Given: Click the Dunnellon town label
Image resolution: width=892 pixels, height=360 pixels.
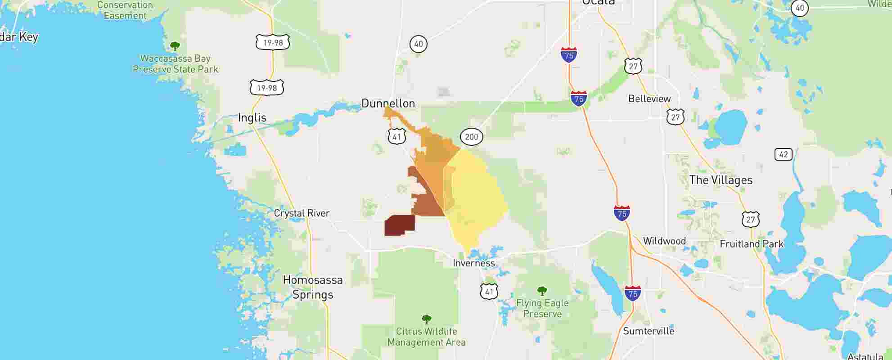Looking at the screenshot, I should (x=388, y=103).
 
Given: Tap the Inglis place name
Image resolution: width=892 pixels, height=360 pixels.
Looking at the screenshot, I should (x=252, y=118).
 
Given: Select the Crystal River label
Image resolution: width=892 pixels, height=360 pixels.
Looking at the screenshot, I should (x=302, y=213).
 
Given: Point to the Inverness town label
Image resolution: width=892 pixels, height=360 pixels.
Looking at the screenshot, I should (x=473, y=263).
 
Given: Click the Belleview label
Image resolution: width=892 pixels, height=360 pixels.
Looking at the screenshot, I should (x=649, y=99).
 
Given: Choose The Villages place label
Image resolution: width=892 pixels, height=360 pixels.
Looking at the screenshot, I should (x=721, y=180).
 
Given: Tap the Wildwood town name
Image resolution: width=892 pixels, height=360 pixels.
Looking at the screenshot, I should (x=664, y=241).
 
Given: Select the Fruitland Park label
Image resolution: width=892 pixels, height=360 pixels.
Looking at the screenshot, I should (x=752, y=244).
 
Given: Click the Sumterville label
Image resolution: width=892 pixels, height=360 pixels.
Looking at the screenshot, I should (x=649, y=331).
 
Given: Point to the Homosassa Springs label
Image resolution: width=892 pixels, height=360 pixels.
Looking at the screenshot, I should (x=313, y=287).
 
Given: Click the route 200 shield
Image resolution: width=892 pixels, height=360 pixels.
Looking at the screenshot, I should (x=471, y=137).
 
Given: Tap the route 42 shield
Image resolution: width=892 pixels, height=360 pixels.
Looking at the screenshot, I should (x=783, y=154).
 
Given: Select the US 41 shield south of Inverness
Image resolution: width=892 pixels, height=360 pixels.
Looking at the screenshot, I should (x=489, y=292).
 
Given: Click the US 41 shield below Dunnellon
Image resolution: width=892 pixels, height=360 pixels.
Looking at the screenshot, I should (x=396, y=136).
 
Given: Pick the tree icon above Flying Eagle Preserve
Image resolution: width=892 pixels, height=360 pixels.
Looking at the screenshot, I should (x=542, y=291).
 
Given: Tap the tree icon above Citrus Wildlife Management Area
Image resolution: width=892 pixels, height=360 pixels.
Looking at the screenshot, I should (x=426, y=319).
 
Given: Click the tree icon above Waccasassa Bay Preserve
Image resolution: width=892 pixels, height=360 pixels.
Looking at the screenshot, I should (x=175, y=46).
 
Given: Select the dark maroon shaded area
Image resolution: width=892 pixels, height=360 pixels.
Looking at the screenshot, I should (x=399, y=225).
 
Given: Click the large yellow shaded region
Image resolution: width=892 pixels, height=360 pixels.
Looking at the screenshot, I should (x=475, y=198).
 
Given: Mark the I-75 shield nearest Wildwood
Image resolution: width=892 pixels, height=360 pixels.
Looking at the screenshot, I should (x=622, y=213).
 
